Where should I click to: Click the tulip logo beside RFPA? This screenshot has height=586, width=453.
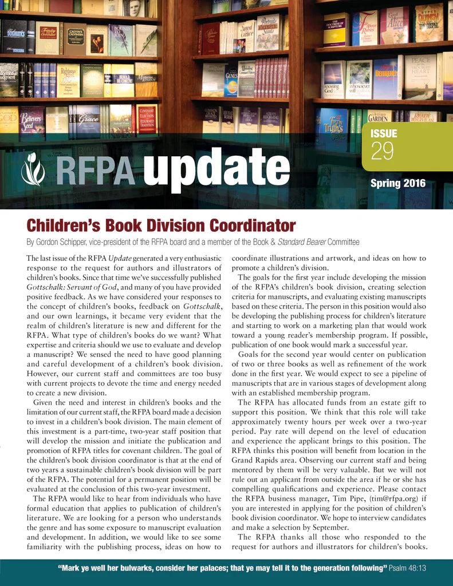pos(32,165)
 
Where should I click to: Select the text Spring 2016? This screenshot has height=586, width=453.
pos(397,184)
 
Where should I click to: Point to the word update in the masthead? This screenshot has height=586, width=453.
pos(216,167)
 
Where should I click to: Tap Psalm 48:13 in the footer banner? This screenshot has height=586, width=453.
pos(407,568)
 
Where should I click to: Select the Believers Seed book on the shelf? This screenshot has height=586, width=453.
pos(32,120)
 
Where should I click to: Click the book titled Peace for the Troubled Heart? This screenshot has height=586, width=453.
pos(420,76)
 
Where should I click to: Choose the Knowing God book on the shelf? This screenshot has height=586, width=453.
pos(332,79)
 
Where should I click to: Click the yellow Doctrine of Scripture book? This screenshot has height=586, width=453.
pos(336,29)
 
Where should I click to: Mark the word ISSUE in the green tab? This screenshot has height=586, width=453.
pos(384,134)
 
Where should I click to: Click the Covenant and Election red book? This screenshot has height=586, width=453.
pos(147,118)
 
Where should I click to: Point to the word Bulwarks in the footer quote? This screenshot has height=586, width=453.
pos(132,568)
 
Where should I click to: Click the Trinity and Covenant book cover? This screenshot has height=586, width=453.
pos(47,37)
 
